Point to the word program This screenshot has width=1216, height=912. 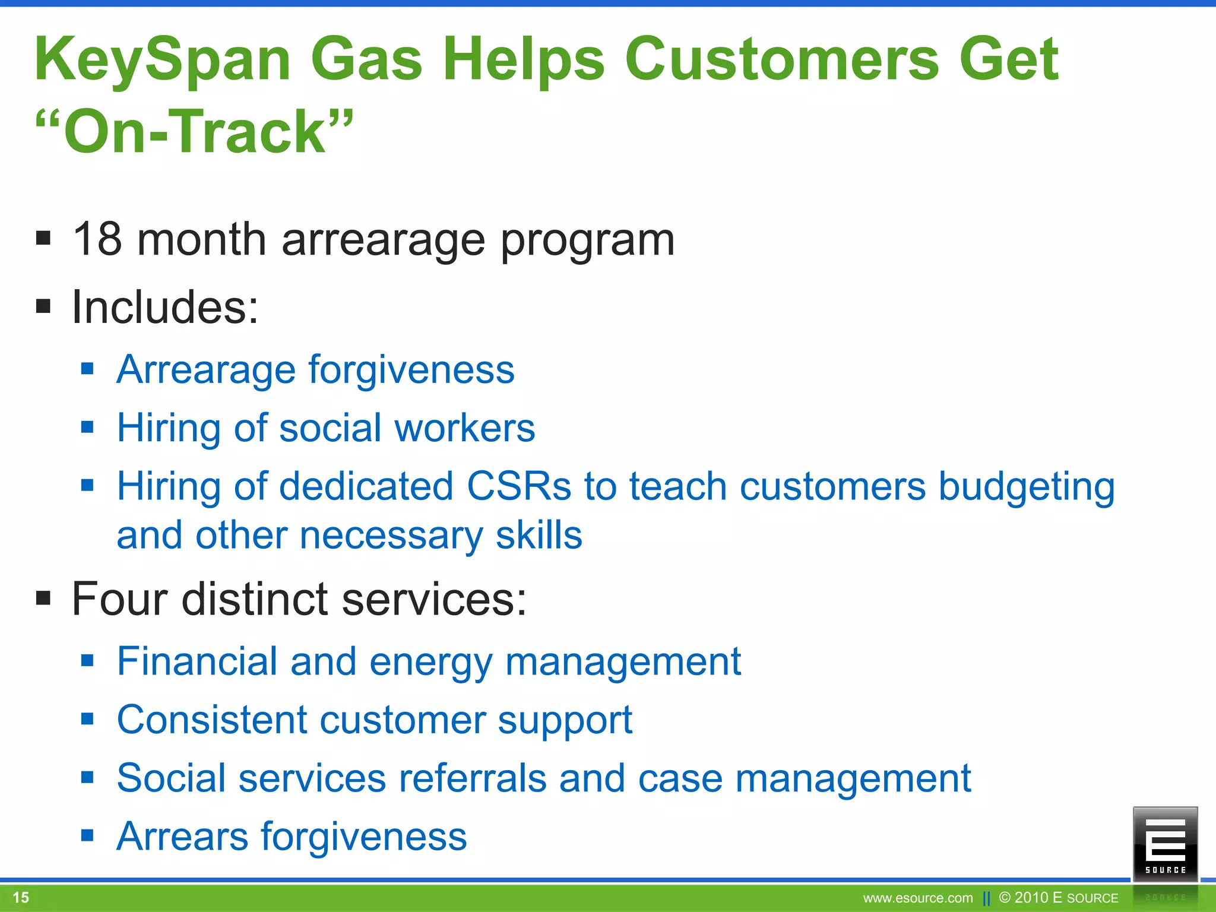click(587, 241)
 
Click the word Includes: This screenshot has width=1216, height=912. click(165, 308)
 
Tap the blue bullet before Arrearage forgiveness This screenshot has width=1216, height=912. click(88, 369)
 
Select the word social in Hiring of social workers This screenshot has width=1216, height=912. click(330, 428)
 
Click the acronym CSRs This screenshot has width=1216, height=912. click(518, 486)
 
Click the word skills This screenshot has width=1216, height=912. click(539, 536)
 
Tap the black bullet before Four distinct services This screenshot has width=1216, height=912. click(43, 597)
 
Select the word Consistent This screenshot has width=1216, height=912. click(211, 720)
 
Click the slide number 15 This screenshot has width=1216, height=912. click(21, 897)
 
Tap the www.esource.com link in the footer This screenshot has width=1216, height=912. click(917, 898)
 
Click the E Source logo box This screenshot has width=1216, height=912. click(1165, 844)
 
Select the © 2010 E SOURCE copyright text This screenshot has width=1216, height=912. click(1059, 898)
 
